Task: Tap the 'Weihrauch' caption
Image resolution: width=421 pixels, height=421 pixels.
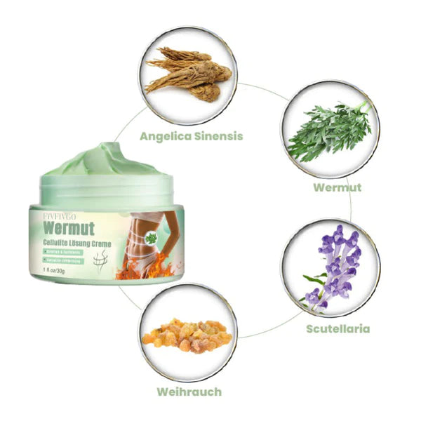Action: pyautogui.click(x=189, y=392)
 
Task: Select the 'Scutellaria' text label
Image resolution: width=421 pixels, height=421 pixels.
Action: pyautogui.click(x=338, y=328)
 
